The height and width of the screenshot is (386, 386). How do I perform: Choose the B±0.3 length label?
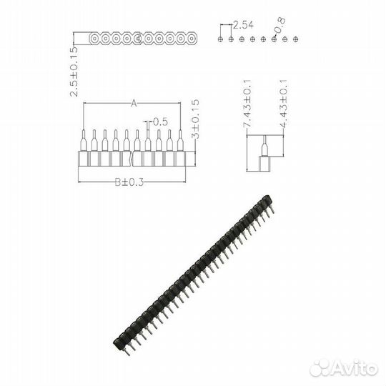coord(129,182)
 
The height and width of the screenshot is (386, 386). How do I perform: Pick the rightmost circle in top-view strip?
coord(192,36)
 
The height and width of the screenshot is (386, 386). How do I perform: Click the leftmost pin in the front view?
coord(83,141)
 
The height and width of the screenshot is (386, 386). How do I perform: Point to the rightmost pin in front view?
coord(180,141)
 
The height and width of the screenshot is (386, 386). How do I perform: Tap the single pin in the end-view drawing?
coord(263,145)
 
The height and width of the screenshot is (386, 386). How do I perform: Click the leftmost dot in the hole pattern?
coord(221,39)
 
